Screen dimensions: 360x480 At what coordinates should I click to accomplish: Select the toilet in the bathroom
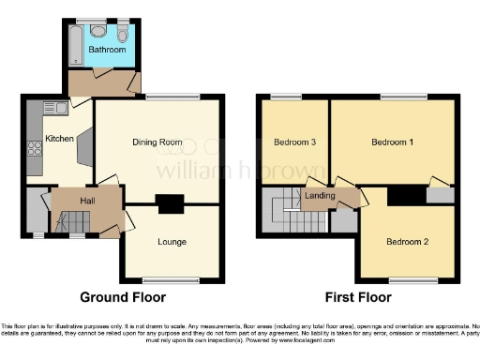[123, 35]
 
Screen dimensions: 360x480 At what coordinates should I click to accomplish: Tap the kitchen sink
[50, 108]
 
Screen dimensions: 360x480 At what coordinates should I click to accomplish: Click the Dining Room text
[157, 142]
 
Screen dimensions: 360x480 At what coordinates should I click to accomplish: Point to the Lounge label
[172, 243]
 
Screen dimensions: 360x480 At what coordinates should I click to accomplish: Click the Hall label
[86, 200]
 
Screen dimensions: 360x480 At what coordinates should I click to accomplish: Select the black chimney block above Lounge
[170, 202]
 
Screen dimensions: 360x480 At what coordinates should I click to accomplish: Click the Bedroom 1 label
[393, 142]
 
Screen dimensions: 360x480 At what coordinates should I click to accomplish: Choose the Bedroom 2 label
[407, 242]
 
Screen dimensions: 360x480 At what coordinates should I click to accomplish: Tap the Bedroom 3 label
[294, 142]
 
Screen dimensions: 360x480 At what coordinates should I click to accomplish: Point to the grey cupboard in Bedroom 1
[436, 196]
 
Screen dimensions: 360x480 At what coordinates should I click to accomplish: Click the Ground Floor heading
[123, 297]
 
